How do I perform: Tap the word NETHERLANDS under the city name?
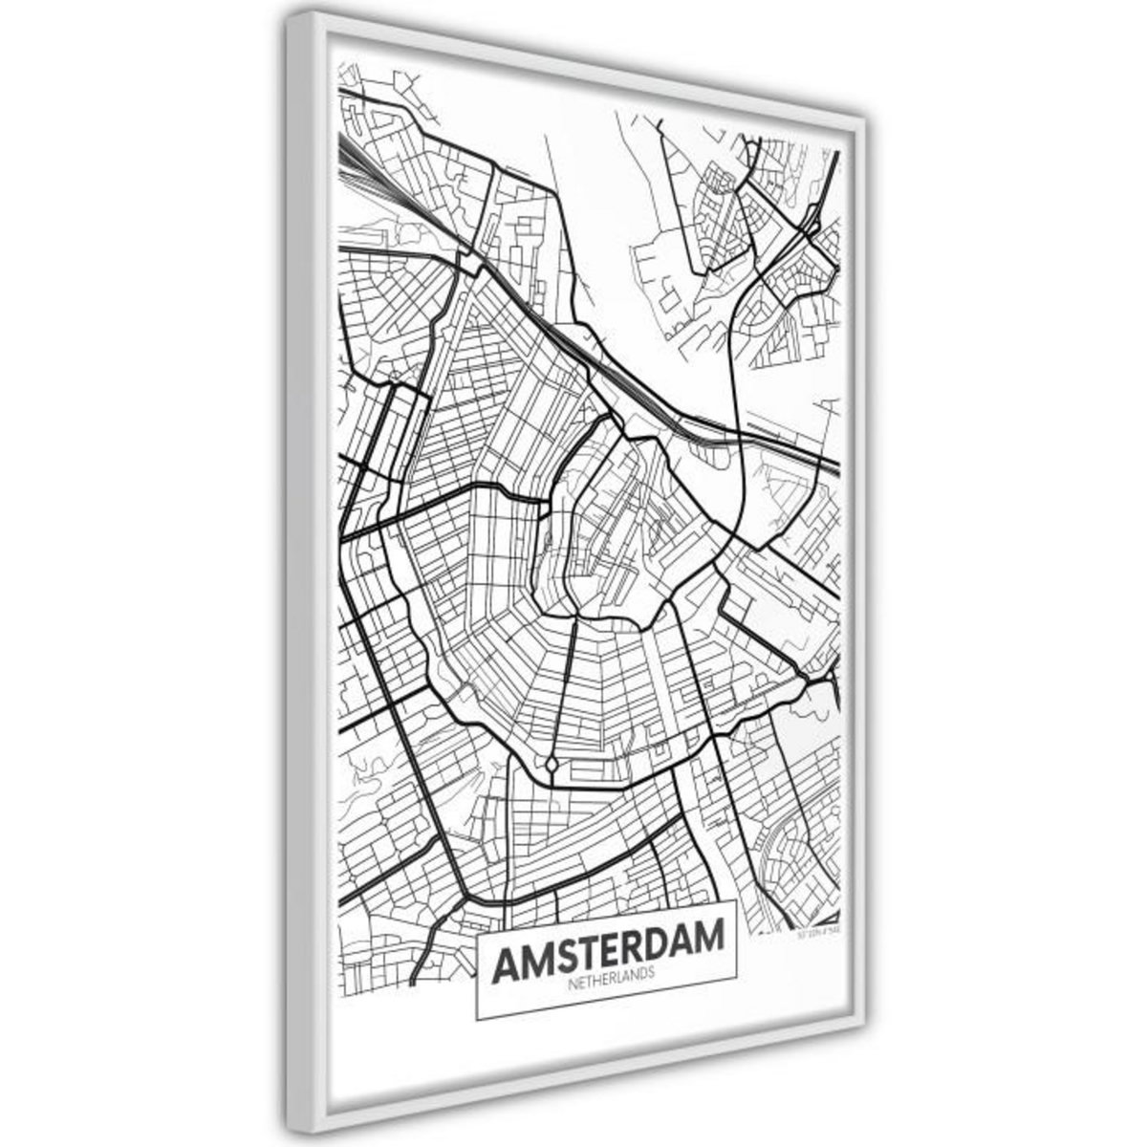[x=608, y=967]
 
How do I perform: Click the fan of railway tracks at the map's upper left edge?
[x=358, y=167]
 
